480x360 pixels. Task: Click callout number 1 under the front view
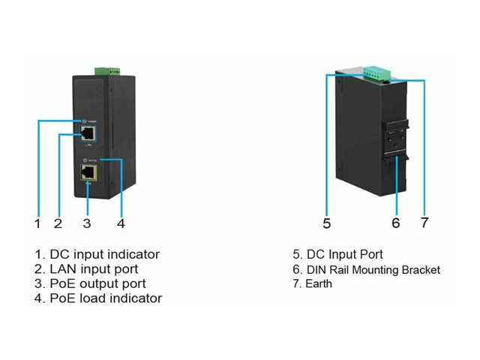[36, 223]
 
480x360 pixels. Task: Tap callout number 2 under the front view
[58, 223]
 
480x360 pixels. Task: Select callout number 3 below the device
[87, 223]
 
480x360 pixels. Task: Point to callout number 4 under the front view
[121, 223]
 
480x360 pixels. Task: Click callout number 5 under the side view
[327, 223]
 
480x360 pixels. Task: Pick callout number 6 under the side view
[396, 223]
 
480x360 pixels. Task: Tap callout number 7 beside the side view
[424, 223]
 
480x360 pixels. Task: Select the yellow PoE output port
[88, 174]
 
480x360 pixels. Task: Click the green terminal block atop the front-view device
[106, 71]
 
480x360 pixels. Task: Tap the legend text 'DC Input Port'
[343, 255]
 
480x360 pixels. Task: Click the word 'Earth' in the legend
[317, 284]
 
